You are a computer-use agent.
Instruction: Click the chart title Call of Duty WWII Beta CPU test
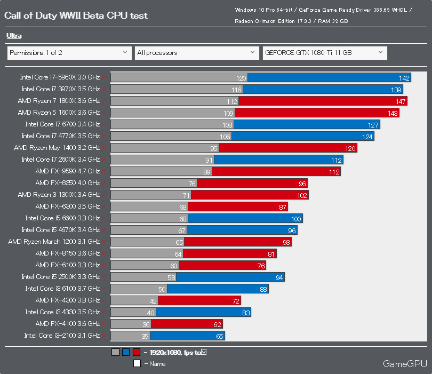point(76,15)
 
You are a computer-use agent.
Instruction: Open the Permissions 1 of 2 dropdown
point(69,53)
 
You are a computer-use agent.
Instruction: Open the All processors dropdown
point(197,53)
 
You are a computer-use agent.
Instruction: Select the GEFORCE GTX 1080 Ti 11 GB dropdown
point(324,53)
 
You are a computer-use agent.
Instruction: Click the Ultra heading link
point(14,36)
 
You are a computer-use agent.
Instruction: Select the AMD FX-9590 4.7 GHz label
point(68,171)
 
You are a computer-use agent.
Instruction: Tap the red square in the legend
point(137,352)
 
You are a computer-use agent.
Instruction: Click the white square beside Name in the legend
point(137,364)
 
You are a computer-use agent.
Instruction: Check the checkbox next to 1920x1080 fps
point(203,352)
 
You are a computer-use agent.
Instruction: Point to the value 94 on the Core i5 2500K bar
point(279,277)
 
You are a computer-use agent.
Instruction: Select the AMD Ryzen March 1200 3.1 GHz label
point(54,242)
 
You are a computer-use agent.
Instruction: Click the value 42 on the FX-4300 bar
point(154,301)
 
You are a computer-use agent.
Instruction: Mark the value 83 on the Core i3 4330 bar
point(246,313)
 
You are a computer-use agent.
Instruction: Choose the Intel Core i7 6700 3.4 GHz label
point(62,124)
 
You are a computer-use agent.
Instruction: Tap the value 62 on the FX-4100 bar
point(217,324)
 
